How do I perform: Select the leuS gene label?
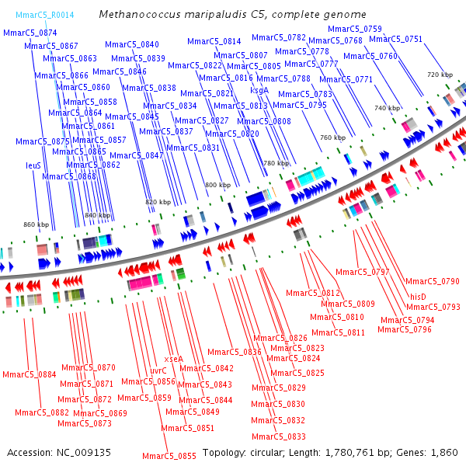pos(33,165)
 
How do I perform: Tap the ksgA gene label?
pos(259,90)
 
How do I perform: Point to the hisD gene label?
pos(419,296)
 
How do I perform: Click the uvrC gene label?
pos(158,370)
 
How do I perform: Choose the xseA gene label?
pos(173,359)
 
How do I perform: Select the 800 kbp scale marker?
pos(217,185)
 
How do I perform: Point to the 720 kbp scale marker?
pos(439,74)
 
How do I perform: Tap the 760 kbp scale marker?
pos(332,137)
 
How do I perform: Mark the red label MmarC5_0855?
pos(169,456)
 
